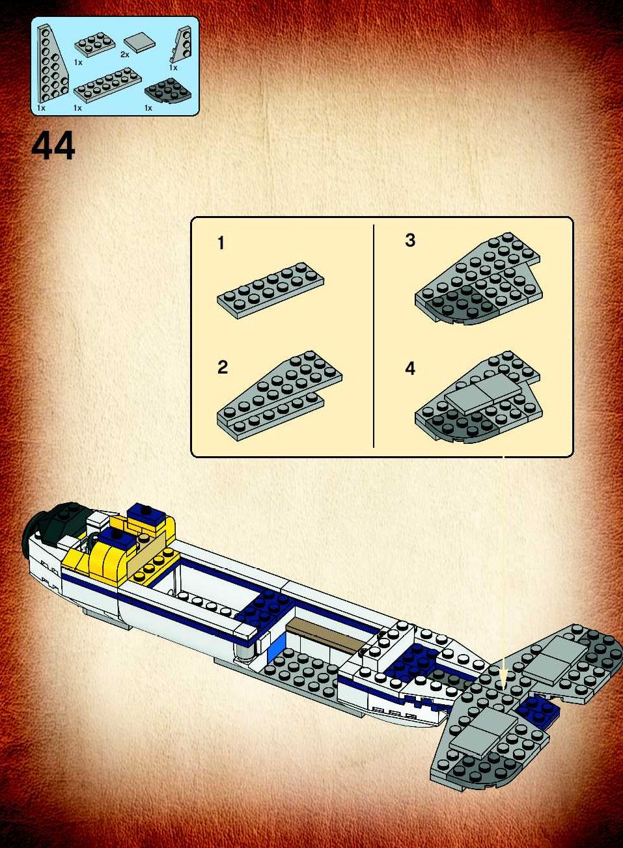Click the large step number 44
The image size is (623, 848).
(53, 146)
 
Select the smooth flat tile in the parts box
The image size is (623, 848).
(139, 44)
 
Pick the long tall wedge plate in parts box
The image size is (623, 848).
(53, 63)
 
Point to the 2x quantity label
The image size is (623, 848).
(125, 55)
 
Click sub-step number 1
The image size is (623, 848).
(221, 243)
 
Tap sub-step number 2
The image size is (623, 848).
(223, 367)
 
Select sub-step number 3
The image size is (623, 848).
(410, 240)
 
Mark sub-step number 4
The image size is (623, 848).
(410, 368)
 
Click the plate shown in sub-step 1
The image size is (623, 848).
(270, 290)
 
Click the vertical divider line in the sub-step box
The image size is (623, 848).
(374, 336)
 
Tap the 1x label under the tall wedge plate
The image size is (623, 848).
(41, 108)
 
